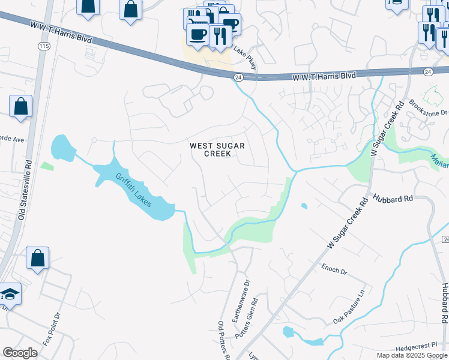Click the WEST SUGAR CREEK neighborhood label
click(210, 149)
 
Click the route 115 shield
click(43, 46)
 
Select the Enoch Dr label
click(334, 271)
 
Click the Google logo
click(20, 352)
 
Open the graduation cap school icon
click(10, 294)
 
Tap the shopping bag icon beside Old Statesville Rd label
click(20, 106)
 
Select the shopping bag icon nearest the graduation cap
click(37, 259)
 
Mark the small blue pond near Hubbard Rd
click(304, 206)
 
